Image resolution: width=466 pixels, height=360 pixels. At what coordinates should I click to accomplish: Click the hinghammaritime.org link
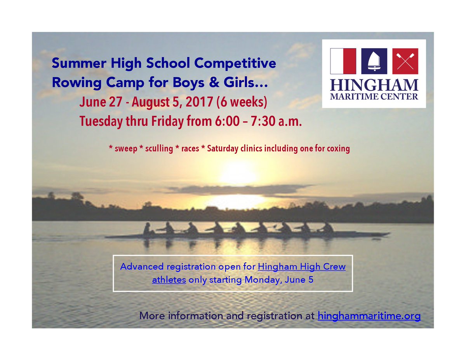pos(369,316)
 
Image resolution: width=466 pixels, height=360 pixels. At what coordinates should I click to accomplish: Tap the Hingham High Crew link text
pos(302,267)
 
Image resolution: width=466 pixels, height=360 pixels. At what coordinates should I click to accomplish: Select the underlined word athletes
pos(169,280)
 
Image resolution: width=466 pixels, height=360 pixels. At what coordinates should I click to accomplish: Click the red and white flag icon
pos(343,61)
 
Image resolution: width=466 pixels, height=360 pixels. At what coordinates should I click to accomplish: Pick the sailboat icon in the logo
pos(374,61)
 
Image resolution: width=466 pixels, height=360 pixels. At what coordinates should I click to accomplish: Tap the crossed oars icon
pos(405,61)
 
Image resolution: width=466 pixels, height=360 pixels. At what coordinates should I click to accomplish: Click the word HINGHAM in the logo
pos(374,84)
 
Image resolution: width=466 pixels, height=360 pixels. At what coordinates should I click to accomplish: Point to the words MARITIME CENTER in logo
pos(374,96)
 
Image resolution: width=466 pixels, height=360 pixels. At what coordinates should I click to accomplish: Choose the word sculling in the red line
pos(158,149)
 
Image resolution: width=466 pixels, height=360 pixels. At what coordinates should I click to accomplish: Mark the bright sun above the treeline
pos(238,173)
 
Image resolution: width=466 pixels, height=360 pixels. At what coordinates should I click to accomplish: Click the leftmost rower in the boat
pos(147,229)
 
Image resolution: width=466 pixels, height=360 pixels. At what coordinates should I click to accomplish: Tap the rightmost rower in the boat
pos(327,228)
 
